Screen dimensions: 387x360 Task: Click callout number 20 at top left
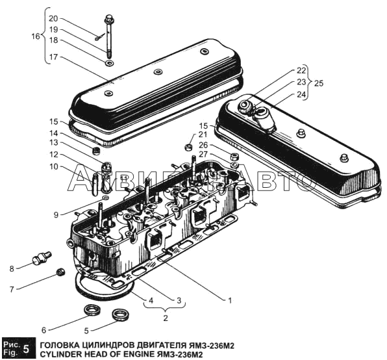pos(53,18)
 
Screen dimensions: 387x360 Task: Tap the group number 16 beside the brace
pos(36,36)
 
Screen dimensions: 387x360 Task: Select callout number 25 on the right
pos(319,83)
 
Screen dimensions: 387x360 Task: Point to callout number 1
pos(230,300)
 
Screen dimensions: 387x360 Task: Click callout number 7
pos(12,289)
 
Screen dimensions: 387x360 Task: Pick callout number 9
pos(56,215)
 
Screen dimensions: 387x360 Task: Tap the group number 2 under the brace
pos(166,318)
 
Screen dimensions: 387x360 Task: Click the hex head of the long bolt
pos(108,19)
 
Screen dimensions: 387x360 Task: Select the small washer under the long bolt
pos(109,63)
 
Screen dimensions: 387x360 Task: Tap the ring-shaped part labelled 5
pos(120,314)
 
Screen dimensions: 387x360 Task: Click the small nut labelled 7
pos(61,272)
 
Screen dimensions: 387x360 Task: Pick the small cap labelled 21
pos(189,147)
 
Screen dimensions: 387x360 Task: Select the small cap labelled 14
pos(96,151)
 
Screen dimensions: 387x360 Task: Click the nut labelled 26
pos(234,157)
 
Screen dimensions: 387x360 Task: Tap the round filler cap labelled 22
pos(245,107)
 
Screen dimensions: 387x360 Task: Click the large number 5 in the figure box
pos(26,349)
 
